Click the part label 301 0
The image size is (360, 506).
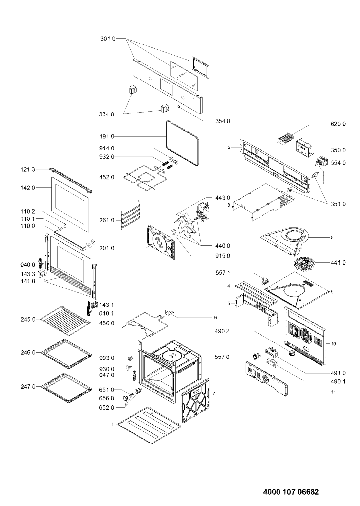click(x=108, y=39)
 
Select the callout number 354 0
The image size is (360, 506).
click(x=223, y=121)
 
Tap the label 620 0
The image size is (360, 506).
click(x=338, y=124)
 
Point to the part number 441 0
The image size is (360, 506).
click(x=338, y=263)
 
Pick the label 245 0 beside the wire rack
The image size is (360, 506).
click(x=28, y=319)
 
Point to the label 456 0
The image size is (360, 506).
click(x=107, y=323)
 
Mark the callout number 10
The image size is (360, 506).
click(x=333, y=344)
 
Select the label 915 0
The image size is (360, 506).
click(x=223, y=256)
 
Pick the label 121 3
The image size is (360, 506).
click(x=28, y=169)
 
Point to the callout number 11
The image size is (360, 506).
click(x=333, y=392)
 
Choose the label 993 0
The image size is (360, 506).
click(x=107, y=358)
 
